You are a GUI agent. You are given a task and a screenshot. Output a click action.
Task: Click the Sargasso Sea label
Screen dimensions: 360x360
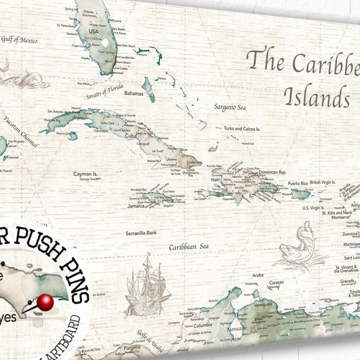click(230, 107)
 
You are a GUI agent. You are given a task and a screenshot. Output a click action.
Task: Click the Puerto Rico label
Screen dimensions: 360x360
click(299, 184)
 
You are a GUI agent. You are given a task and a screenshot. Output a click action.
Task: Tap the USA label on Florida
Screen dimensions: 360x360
click(94, 32)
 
